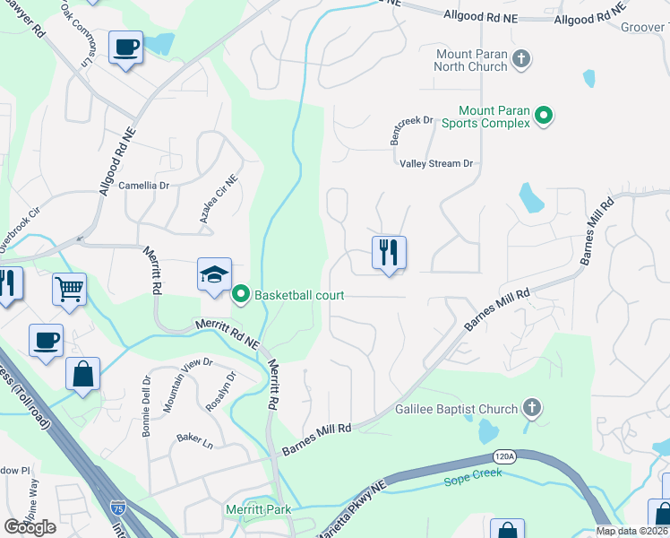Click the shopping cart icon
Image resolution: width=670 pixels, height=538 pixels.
point(69,290)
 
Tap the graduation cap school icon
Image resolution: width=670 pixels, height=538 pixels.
point(214,275)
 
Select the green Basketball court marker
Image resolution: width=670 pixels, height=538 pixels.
point(240,294)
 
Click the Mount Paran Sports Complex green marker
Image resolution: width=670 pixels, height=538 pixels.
point(543,116)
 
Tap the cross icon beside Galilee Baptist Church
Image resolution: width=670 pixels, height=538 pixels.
point(532,409)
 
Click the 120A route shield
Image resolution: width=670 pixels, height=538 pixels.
point(506,457)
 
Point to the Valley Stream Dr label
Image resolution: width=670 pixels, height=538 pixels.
point(435,163)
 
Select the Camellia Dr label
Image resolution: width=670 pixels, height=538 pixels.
point(144,186)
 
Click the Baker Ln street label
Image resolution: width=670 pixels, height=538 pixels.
point(194,441)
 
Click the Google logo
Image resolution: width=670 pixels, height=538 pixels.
point(30,527)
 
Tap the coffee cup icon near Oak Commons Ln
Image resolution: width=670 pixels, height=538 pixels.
point(125,47)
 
